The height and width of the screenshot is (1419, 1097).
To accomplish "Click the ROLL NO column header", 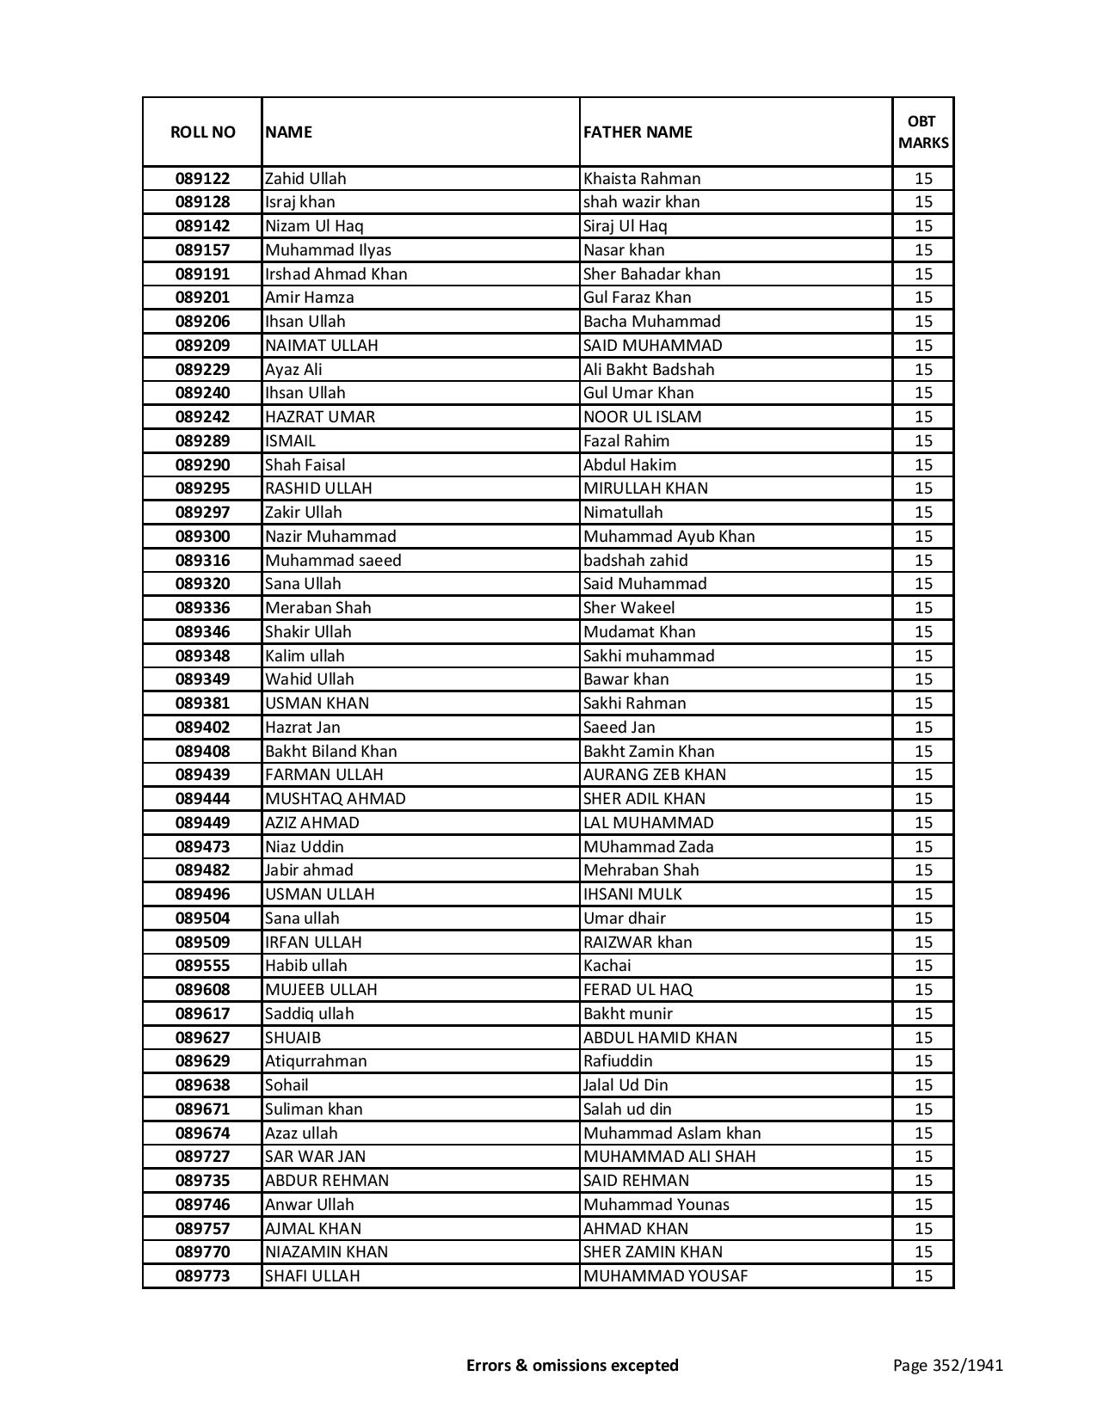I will pyautogui.click(x=202, y=132).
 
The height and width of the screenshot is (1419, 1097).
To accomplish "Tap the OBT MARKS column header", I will pyautogui.click(x=923, y=132).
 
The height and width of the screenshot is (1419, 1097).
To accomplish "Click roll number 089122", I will pyautogui.click(x=202, y=179).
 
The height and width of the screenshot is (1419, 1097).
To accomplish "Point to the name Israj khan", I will pyautogui.click(x=300, y=202).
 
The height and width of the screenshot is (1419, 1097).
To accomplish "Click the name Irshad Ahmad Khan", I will pyautogui.click(x=336, y=273).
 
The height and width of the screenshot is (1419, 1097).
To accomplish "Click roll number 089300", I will pyautogui.click(x=202, y=537).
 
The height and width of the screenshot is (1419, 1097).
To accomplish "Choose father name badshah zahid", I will pyautogui.click(x=636, y=560).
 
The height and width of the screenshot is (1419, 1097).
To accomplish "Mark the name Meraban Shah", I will pyautogui.click(x=318, y=608).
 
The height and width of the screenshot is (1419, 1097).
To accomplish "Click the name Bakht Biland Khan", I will pyautogui.click(x=331, y=751).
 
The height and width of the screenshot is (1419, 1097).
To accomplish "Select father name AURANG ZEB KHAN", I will pyautogui.click(x=655, y=775).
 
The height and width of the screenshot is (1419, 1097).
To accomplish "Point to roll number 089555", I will pyautogui.click(x=202, y=966).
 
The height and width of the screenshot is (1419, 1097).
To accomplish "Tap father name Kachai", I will pyautogui.click(x=607, y=966).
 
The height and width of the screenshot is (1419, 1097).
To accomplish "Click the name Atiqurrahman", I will pyautogui.click(x=316, y=1061).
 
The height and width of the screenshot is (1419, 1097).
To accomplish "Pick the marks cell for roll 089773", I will pyautogui.click(x=923, y=1276).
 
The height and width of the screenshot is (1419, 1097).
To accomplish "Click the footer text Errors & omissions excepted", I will pyautogui.click(x=572, y=1365).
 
